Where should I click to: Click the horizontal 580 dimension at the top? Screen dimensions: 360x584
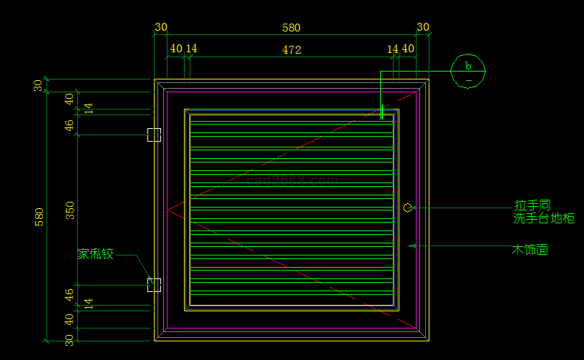[x=291, y=28]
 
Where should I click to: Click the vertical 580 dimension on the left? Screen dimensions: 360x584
[x=39, y=217]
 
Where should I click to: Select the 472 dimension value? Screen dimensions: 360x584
[x=291, y=50]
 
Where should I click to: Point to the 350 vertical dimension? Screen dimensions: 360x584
[x=69, y=210]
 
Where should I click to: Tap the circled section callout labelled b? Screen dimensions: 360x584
[x=468, y=71]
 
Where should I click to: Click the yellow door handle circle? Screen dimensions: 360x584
[x=407, y=208]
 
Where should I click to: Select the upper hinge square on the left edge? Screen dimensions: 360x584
[x=154, y=135]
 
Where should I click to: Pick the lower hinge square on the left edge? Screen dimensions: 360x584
[x=154, y=285]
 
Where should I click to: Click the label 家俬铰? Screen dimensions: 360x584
[x=96, y=253]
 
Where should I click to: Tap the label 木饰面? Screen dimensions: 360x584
[x=530, y=250]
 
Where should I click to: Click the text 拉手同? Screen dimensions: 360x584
[x=532, y=205]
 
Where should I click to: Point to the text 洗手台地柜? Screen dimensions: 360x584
[x=544, y=218]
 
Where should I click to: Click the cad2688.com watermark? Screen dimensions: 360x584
[x=292, y=180]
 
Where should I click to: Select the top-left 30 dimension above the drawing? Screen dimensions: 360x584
[x=161, y=28]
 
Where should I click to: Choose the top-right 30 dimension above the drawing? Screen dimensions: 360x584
[x=423, y=28]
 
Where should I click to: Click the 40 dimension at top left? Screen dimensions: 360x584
[x=175, y=49]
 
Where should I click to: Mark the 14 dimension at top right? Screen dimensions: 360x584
[x=392, y=49]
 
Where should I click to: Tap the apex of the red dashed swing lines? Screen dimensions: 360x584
[x=167, y=210]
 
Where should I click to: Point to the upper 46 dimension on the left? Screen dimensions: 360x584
[x=69, y=125]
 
